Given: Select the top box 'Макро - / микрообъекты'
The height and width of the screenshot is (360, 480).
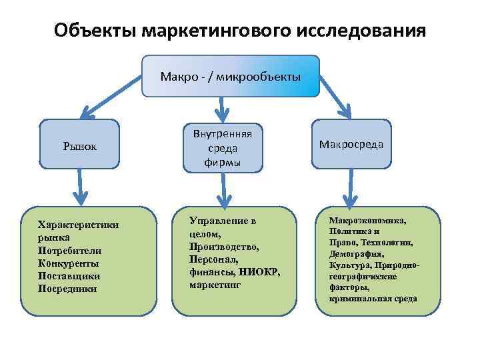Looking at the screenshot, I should (231, 76).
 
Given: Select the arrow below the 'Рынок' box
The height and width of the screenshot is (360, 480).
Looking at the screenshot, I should (79, 187).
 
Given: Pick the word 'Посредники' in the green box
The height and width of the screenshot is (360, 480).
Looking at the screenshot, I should (67, 289).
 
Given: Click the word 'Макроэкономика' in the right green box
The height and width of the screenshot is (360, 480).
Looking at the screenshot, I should (367, 219).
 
